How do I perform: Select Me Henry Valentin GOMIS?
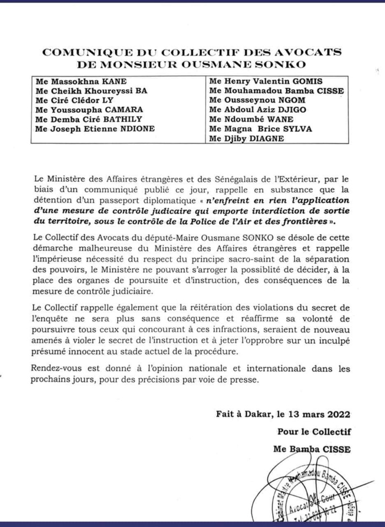(x=261, y=81)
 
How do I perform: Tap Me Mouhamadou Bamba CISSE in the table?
(x=268, y=91)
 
